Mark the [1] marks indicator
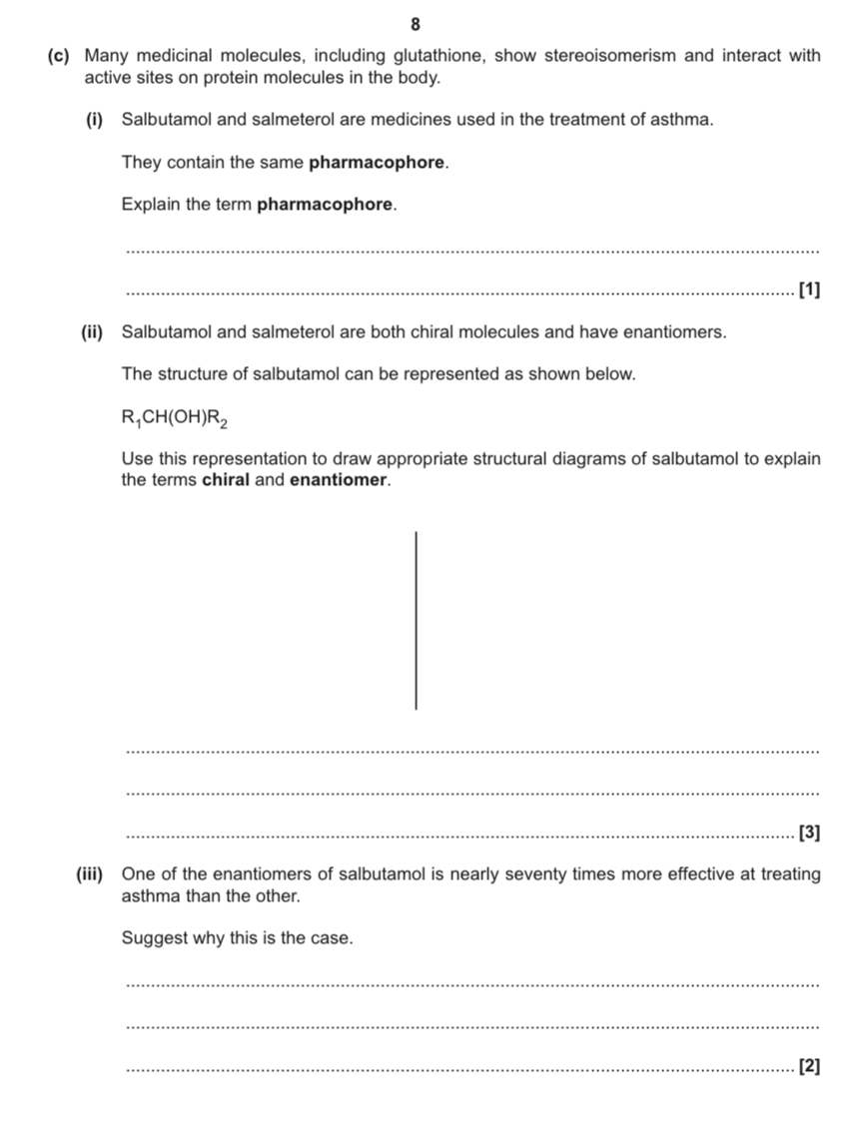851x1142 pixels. coord(810,290)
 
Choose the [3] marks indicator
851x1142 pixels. coord(810,833)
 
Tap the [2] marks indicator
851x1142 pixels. coord(810,1067)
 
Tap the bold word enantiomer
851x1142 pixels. coord(338,480)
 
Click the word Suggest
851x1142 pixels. coord(153,939)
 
